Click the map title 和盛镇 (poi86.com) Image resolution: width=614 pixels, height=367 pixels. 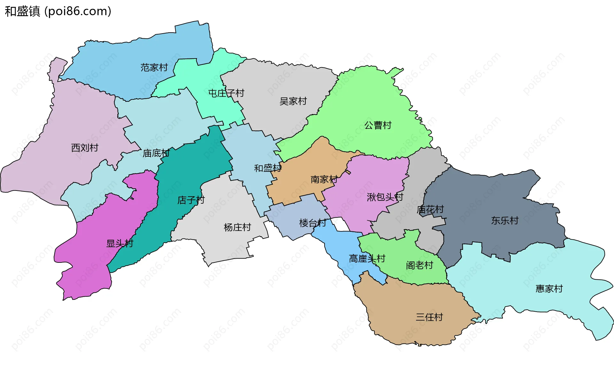[58, 11]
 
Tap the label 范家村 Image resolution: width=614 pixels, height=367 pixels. [154, 67]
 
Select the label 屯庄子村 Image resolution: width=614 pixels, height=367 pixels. [226, 93]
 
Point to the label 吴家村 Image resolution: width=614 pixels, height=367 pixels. [293, 101]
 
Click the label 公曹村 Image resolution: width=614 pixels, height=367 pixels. [378, 125]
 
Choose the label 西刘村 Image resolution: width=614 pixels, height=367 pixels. [85, 148]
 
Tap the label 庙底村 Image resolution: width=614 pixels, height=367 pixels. [156, 153]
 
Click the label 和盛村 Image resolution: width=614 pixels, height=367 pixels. [268, 168]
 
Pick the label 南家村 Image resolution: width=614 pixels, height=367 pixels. [324, 179]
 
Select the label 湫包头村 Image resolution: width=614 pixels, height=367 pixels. [385, 197]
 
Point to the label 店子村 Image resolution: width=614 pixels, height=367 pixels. [191, 200]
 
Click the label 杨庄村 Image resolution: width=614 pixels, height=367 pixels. [237, 227]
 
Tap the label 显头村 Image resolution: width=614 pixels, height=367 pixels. [120, 243]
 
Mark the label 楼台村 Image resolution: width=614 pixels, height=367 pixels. [312, 223]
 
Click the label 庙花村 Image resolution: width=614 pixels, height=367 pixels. [430, 210]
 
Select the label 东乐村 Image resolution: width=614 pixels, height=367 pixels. [505, 220]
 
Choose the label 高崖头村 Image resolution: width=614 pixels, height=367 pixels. [367, 258]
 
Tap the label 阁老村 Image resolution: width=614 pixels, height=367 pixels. [419, 265]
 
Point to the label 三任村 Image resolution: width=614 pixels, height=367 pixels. [429, 317]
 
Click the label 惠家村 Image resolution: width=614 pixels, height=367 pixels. [549, 289]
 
